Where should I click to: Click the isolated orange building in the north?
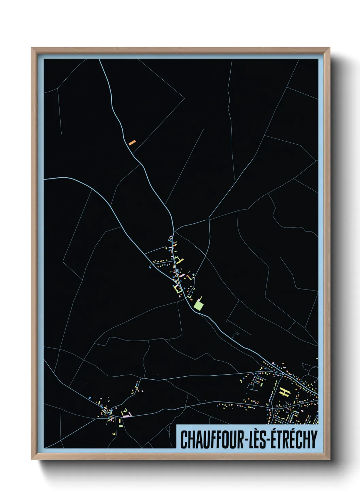point(132,142)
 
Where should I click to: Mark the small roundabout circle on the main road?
point(283,374)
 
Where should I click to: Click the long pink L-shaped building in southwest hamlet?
point(127,415)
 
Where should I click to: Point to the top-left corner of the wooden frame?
point(32,48)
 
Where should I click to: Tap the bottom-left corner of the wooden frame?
point(32,460)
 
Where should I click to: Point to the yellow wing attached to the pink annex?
point(201,297)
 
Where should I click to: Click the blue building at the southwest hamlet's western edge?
point(89,397)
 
